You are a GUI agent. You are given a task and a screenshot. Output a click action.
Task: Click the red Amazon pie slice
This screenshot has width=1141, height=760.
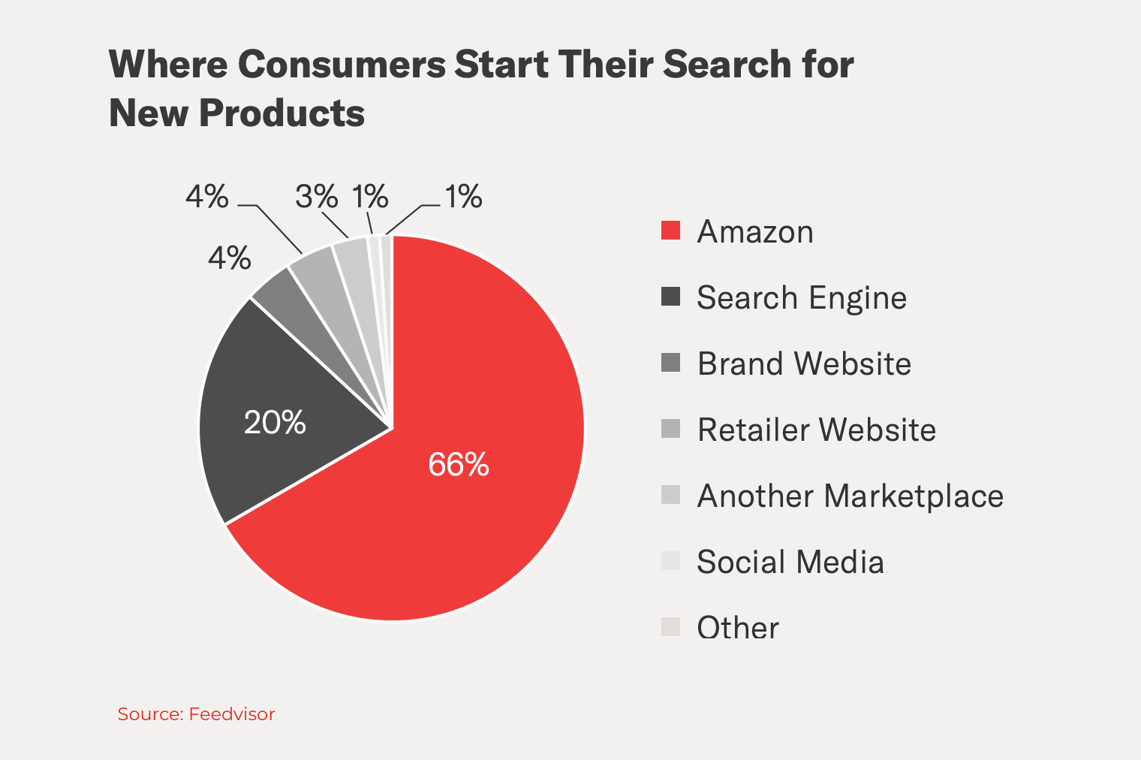480,466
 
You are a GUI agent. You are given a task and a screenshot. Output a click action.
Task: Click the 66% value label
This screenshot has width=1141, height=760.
458,465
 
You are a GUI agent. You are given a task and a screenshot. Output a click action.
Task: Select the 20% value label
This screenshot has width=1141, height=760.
275,423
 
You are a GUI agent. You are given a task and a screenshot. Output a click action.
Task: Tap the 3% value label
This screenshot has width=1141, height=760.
316,198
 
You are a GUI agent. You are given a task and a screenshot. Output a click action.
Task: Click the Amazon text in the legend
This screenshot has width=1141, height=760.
754,232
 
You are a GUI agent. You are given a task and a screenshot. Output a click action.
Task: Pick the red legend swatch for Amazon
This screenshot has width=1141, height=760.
670,231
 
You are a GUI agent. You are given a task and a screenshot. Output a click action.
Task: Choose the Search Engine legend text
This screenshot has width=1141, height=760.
801,298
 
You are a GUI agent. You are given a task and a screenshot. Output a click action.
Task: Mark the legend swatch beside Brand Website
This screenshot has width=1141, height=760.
670,363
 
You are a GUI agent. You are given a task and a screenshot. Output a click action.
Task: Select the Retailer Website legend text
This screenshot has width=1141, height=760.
816,430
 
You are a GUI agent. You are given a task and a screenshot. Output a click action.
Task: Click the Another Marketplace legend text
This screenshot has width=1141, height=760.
850,496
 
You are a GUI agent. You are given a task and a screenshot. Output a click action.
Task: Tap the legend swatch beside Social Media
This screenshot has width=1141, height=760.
670,561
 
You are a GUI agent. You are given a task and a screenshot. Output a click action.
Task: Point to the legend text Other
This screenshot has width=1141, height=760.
737,628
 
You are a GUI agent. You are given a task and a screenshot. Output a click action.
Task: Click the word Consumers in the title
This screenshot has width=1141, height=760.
342,65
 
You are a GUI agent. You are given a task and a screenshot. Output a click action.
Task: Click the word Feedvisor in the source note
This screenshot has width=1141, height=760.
232,714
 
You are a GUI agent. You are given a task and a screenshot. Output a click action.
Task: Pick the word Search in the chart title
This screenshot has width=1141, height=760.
727,65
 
